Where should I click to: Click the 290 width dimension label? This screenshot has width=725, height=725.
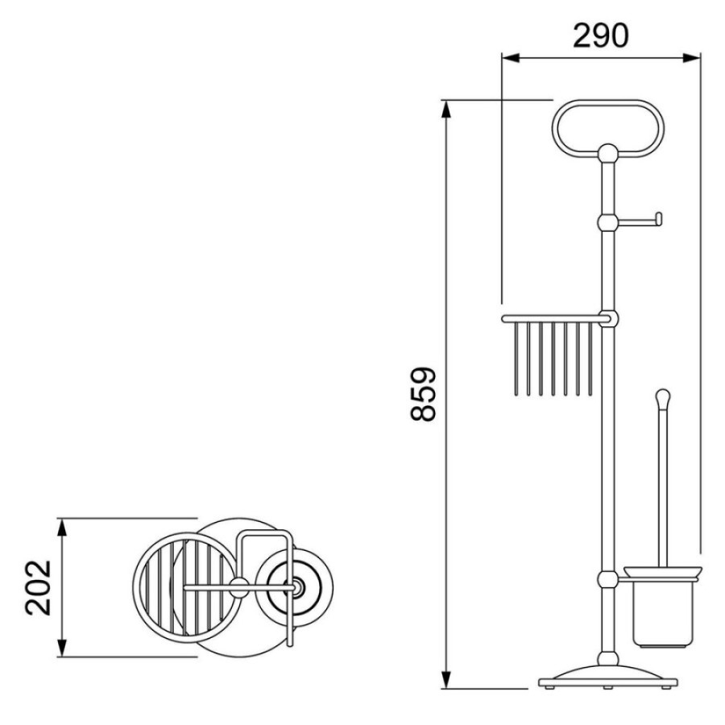600,36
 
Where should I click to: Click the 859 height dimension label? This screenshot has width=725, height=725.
423,394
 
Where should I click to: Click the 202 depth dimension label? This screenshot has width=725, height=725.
38,587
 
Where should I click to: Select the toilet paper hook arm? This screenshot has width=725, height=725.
640,222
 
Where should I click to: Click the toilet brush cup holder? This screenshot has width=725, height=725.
663,607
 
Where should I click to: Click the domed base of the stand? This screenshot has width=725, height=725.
608,676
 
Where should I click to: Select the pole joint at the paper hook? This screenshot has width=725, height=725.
608,223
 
